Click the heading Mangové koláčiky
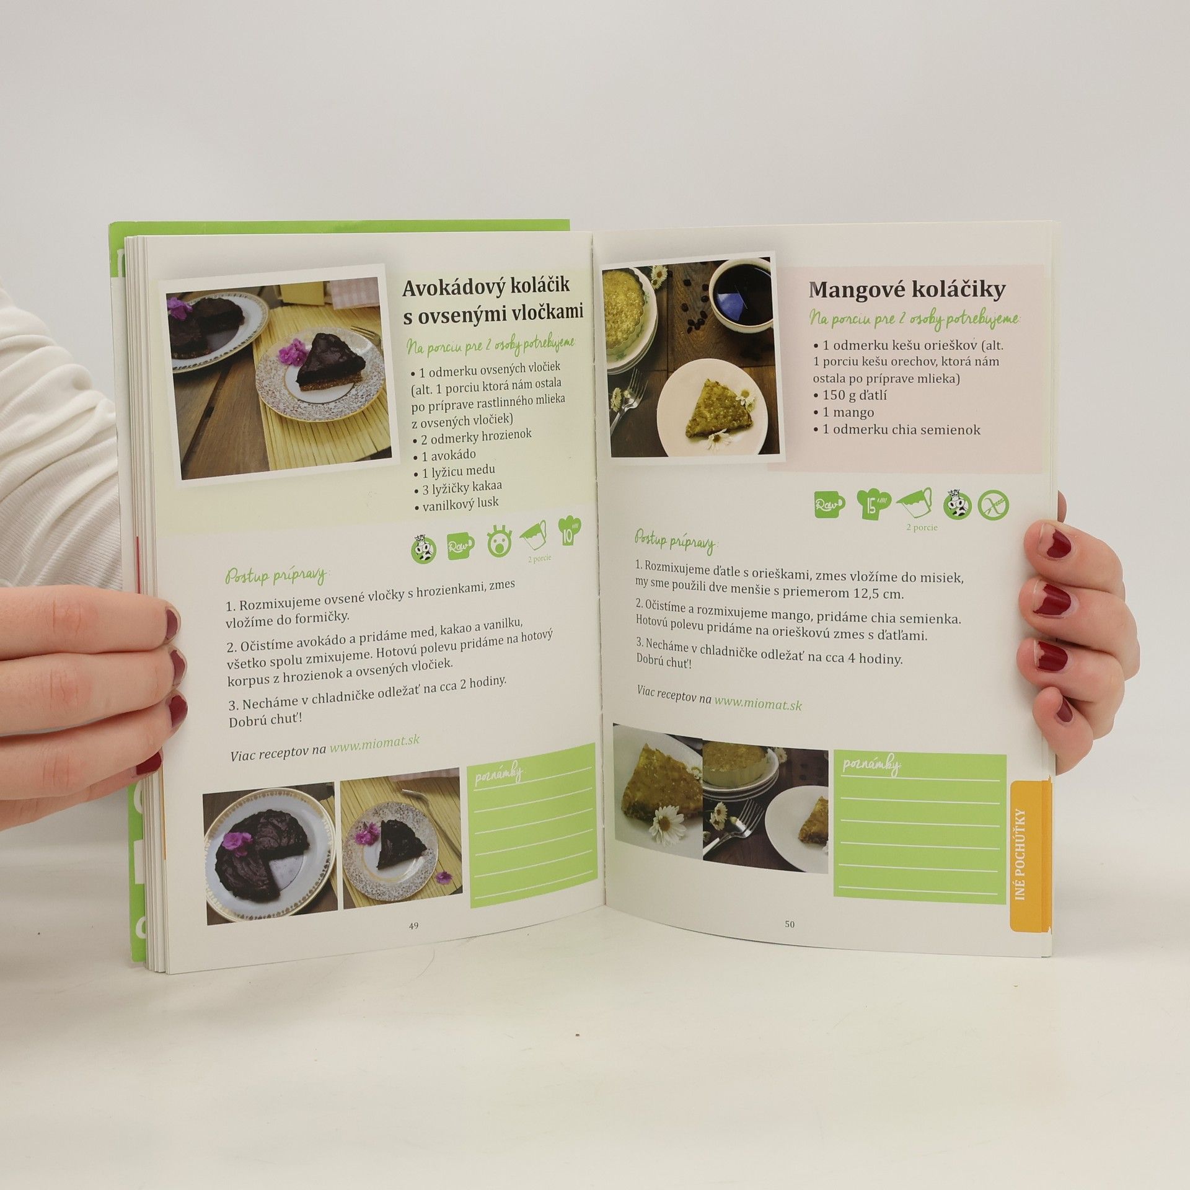(x=907, y=289)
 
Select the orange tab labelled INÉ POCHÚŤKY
(x=1030, y=865)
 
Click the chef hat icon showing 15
(x=873, y=503)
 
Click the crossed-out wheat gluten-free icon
(x=993, y=505)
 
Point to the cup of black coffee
(x=741, y=296)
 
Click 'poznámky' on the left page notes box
(x=499, y=775)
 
